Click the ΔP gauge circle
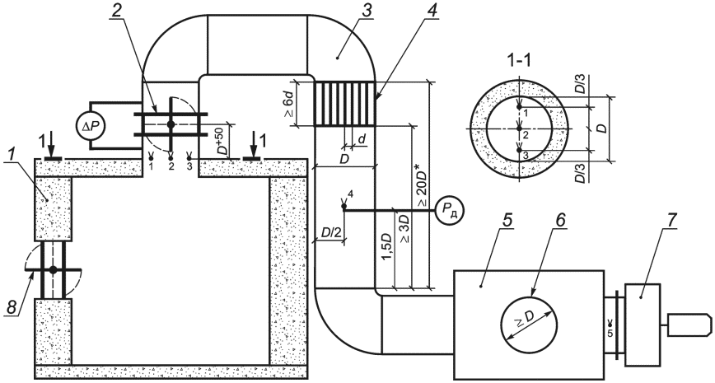91,124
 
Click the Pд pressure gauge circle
450,210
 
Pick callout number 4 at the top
432,12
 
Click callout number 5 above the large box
508,220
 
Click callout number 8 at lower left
12,307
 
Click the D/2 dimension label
329,233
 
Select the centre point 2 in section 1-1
519,129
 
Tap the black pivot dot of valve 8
53,270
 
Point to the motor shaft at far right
690,325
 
